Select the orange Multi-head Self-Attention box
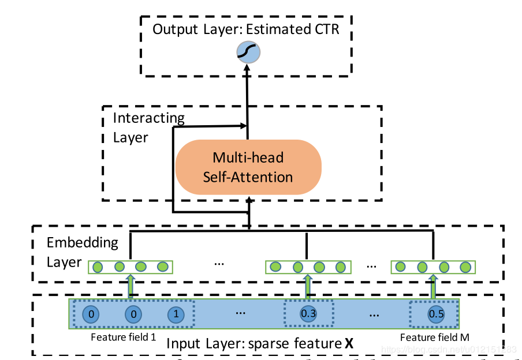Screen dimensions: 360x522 248,167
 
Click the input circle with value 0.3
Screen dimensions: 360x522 308,314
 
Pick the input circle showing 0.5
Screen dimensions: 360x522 435,314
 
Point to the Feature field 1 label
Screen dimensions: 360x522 124,337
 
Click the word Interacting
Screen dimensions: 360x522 148,119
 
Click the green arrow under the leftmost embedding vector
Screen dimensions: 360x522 130,286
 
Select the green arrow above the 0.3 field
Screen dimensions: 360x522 308,286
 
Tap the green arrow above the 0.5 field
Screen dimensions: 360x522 434,286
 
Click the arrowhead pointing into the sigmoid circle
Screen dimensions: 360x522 248,67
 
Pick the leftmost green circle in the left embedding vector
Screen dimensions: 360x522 98,267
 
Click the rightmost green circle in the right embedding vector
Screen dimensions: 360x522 465,267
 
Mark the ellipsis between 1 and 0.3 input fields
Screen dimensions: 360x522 241,312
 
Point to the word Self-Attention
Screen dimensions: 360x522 248,177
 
